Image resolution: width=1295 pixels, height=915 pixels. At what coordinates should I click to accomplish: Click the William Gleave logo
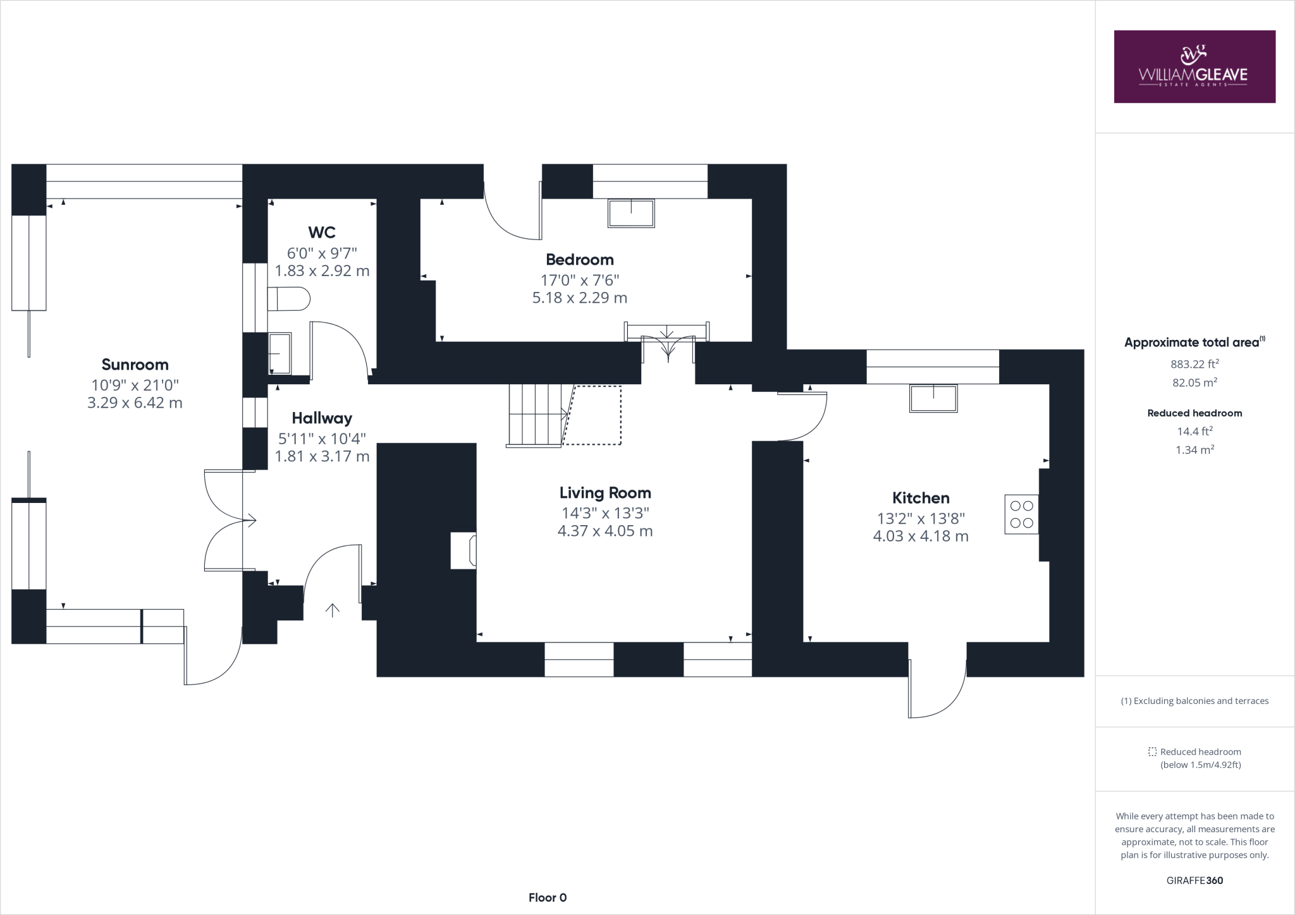tap(1194, 67)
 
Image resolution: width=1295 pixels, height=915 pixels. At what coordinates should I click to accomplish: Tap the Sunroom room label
tap(135, 365)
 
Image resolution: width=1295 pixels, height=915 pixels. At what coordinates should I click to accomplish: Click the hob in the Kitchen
tap(1021, 514)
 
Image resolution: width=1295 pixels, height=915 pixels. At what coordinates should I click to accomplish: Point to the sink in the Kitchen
tap(933, 398)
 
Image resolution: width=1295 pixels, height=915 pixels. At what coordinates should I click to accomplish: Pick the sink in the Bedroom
tap(630, 213)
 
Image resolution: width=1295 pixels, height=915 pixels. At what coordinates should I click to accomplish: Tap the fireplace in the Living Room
tap(463, 550)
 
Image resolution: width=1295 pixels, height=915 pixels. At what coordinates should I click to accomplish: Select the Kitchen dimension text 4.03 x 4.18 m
tap(920, 536)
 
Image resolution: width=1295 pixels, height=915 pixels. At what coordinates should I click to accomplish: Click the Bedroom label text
tap(579, 260)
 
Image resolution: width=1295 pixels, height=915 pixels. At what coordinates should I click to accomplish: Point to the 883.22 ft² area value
tap(1194, 364)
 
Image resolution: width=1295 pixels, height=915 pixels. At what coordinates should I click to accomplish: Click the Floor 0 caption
tap(548, 897)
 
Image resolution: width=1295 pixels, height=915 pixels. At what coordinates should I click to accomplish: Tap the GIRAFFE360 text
tap(1194, 880)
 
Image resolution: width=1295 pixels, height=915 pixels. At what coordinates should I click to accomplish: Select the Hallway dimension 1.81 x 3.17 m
tap(322, 456)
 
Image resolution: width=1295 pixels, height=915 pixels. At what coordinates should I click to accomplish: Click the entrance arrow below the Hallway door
tap(333, 610)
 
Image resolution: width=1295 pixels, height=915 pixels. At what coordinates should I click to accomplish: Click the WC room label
tap(321, 233)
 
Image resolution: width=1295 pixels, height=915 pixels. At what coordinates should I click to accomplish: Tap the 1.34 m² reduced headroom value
tap(1194, 450)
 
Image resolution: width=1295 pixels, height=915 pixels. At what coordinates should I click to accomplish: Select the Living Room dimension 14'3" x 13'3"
tap(605, 513)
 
